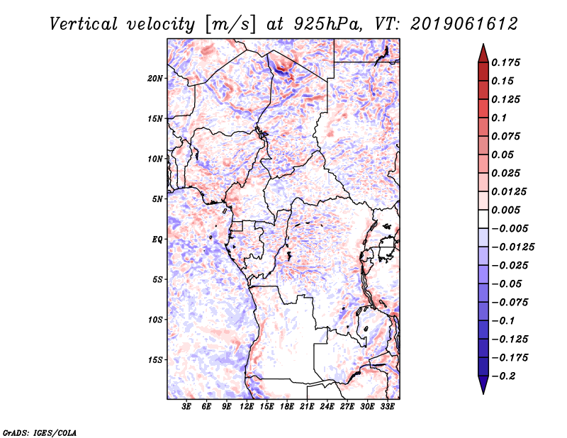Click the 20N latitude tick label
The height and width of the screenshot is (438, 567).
tap(155, 78)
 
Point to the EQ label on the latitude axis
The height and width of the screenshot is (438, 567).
tap(157, 240)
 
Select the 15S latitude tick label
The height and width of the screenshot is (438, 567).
tap(155, 360)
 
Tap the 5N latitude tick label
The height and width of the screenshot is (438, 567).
tap(157, 199)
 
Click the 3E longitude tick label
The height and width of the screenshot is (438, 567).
tap(187, 407)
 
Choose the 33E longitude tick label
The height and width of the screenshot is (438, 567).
tap(387, 407)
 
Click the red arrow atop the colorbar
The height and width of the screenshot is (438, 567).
tap(482, 52)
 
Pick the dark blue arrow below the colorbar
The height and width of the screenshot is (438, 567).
tap(482, 385)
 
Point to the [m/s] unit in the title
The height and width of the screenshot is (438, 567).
tap(230, 24)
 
